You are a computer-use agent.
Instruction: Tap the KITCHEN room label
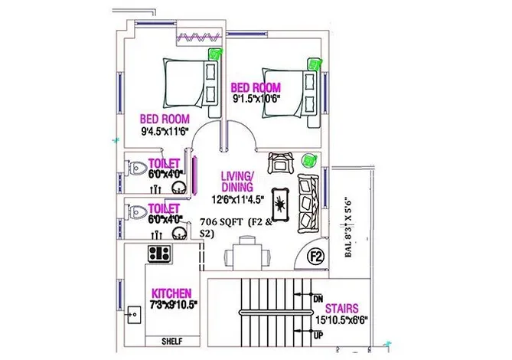pyautogui.click(x=172, y=293)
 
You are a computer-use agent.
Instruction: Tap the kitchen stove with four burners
pyautogui.click(x=159, y=252)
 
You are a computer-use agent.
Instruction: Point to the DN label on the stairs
pyautogui.click(x=318, y=299)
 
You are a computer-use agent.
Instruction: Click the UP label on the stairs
pyautogui.click(x=318, y=335)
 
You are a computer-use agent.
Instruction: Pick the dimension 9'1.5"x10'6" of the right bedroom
pyautogui.click(x=257, y=98)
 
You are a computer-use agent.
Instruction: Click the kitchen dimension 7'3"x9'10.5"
pyautogui.click(x=174, y=305)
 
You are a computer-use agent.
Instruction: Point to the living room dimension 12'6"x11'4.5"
pyautogui.click(x=238, y=199)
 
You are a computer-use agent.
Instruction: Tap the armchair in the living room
pyautogui.click(x=279, y=162)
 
